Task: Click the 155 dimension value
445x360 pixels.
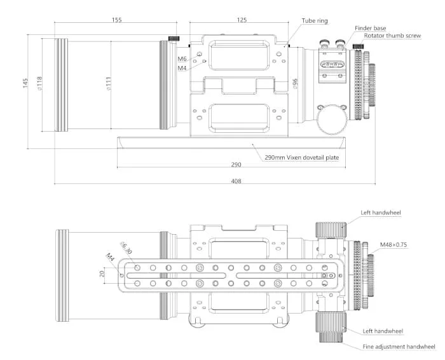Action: click(116, 20)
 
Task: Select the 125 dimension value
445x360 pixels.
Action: click(242, 20)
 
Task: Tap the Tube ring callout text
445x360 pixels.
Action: click(315, 20)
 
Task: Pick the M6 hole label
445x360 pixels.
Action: click(182, 59)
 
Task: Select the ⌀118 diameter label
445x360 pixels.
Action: click(39, 83)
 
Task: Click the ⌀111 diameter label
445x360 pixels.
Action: click(109, 83)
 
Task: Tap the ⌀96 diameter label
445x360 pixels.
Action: click(296, 83)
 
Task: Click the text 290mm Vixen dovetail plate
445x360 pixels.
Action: click(301, 157)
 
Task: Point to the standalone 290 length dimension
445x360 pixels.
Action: click(236, 165)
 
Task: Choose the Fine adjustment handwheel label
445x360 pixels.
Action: click(399, 347)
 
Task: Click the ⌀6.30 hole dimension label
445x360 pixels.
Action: click(125, 247)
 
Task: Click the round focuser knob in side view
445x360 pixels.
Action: click(330, 118)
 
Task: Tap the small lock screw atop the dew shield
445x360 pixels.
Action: click(172, 39)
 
